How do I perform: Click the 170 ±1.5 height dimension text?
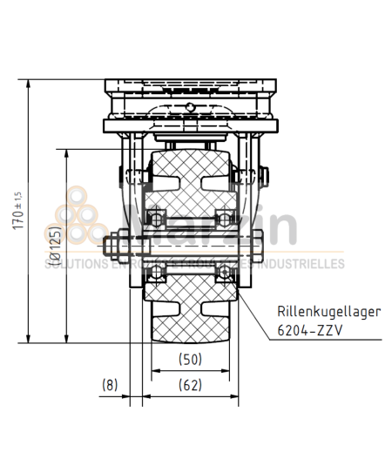[x=18, y=208]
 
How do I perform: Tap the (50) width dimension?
[x=192, y=358]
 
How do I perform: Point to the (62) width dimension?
[x=192, y=383]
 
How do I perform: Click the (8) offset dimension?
[x=110, y=383]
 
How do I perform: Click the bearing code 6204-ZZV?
[x=308, y=331]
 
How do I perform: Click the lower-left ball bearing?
[x=158, y=274]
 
